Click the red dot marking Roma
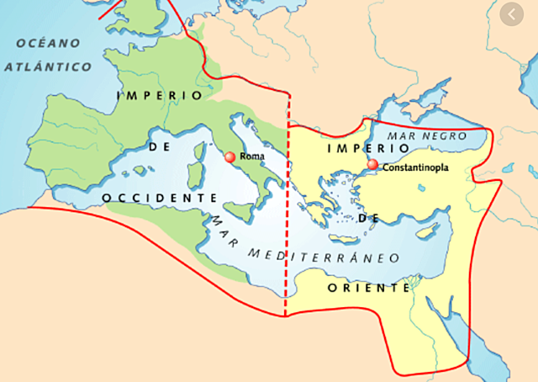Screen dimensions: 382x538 pyautogui.click(x=229, y=157)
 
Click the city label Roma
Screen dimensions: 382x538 pyautogui.click(x=251, y=157)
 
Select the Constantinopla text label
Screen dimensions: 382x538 pyautogui.click(x=415, y=167)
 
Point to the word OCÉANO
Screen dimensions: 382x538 pyautogui.click(x=48, y=43)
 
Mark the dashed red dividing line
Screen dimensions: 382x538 pyautogui.click(x=287, y=210)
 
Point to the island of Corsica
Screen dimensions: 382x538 pyautogui.click(x=200, y=154)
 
